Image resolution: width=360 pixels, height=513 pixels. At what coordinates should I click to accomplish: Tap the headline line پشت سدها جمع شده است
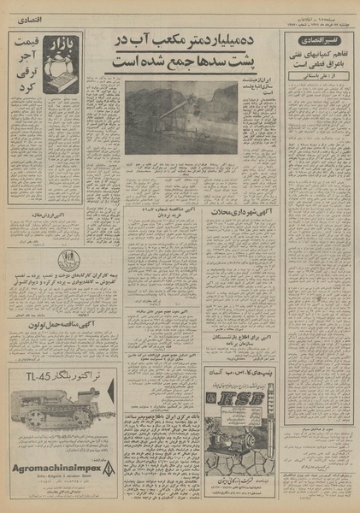178,62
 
